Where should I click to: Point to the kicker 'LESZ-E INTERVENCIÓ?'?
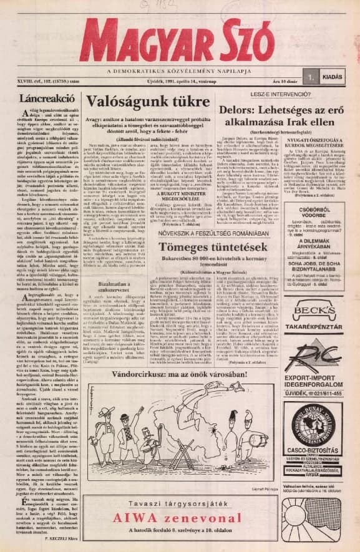277,95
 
